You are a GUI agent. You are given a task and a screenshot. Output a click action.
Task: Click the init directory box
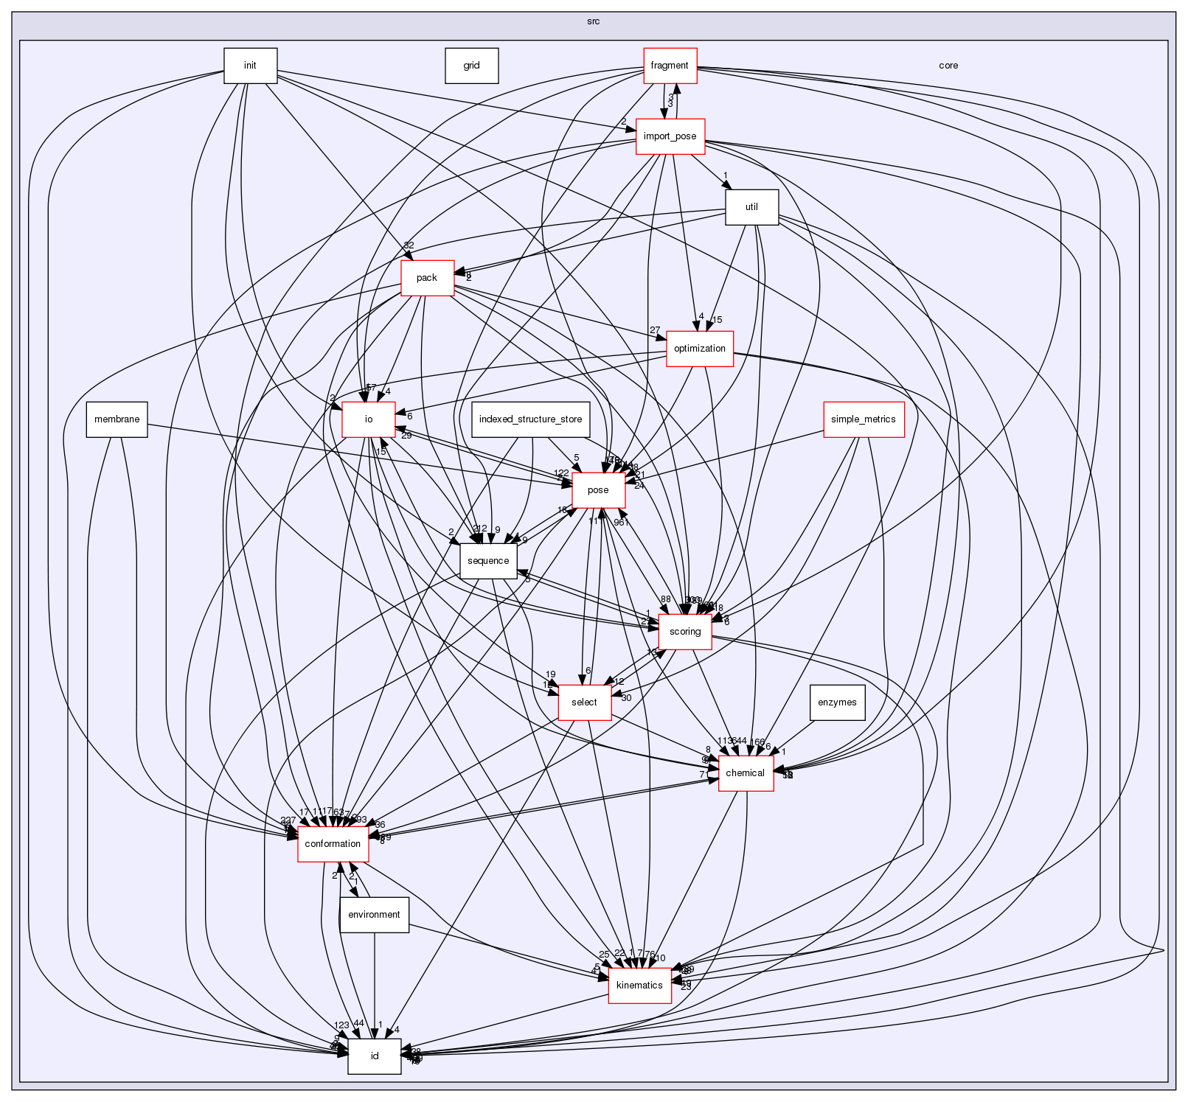pyautogui.click(x=250, y=66)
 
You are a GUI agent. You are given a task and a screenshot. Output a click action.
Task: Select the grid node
pyautogui.click(x=471, y=66)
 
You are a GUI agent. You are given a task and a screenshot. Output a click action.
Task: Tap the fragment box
pyautogui.click(x=670, y=66)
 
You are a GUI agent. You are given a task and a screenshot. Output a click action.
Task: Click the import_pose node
pyautogui.click(x=670, y=136)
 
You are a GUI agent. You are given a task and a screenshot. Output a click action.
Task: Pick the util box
pyautogui.click(x=751, y=207)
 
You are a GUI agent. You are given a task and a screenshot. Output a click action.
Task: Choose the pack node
pyautogui.click(x=427, y=278)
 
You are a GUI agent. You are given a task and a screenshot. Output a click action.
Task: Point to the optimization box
pyautogui.click(x=699, y=349)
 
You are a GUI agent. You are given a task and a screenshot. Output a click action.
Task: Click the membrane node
pyautogui.click(x=117, y=419)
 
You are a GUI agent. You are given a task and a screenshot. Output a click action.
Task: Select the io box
pyautogui.click(x=369, y=419)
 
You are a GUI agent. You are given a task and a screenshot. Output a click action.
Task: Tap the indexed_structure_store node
pyautogui.click(x=530, y=419)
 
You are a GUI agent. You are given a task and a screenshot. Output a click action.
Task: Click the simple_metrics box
pyautogui.click(x=863, y=419)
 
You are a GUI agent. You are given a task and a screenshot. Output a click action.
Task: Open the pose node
pyautogui.click(x=598, y=490)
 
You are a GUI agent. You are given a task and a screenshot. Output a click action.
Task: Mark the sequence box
pyautogui.click(x=487, y=561)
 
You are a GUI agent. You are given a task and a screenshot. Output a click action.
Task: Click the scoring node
pyautogui.click(x=685, y=632)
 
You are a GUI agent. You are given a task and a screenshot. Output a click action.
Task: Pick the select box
pyautogui.click(x=584, y=702)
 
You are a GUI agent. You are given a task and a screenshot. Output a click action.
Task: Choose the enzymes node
pyautogui.click(x=837, y=702)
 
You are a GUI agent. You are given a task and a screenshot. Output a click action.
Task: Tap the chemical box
pyautogui.click(x=745, y=773)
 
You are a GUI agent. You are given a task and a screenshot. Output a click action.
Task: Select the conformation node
pyautogui.click(x=333, y=844)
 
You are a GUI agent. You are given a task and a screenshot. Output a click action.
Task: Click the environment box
pyautogui.click(x=374, y=915)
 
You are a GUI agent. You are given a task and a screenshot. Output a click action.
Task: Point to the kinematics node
pyautogui.click(x=639, y=986)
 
